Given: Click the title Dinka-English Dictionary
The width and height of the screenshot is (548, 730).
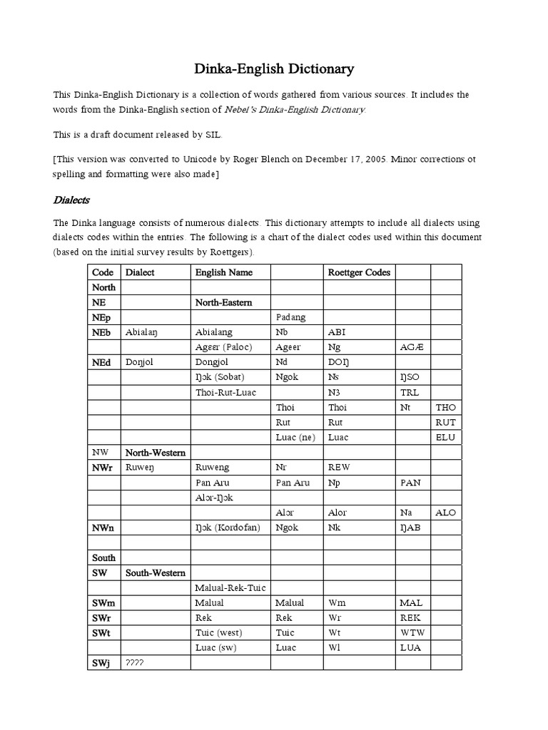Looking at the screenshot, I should pos(274,69).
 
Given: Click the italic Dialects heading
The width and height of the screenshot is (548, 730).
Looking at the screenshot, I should pos(71,200).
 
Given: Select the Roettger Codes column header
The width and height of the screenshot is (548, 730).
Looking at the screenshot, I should pos(359,272).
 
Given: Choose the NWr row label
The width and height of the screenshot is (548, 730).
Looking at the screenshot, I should pos(103,468).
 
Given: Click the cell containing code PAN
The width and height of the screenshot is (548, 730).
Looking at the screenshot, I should pos(410,483).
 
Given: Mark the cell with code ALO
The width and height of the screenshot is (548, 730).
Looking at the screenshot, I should pos(446,513).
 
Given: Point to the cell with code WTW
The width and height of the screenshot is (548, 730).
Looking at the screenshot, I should pos(412,632).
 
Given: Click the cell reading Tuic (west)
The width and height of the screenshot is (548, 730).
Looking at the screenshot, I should pos(218,632).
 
